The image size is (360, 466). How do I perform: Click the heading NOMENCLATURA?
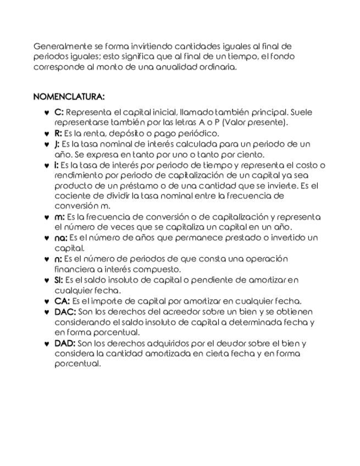click(x=69, y=97)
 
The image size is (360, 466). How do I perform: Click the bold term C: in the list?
click(x=59, y=112)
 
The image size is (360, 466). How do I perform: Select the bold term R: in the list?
click(x=59, y=133)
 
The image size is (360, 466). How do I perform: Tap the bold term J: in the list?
click(x=58, y=144)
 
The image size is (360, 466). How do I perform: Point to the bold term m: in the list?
click(x=60, y=217)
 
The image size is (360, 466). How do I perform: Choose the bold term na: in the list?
click(x=61, y=237)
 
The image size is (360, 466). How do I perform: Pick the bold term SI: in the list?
click(x=59, y=280)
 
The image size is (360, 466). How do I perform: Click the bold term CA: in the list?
click(x=62, y=301)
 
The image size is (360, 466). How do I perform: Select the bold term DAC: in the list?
click(x=65, y=312)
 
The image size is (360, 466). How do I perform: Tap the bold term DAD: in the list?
click(x=65, y=343)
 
